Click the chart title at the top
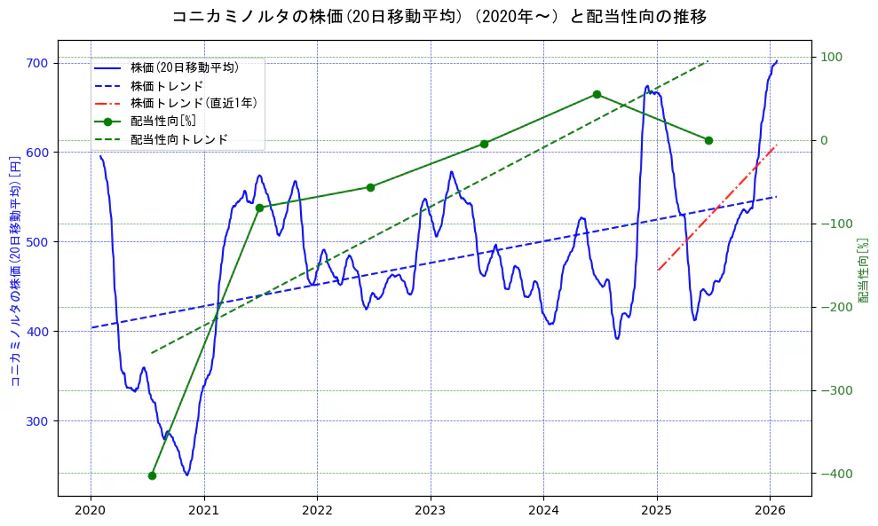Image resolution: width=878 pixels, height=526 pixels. click(x=439, y=17)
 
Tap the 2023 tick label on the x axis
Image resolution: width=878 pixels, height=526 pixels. click(x=431, y=511)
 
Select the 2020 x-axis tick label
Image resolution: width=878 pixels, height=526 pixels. click(x=91, y=511)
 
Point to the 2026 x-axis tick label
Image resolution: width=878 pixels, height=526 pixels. click(x=770, y=511)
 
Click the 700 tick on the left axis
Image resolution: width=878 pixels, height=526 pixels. click(x=39, y=63)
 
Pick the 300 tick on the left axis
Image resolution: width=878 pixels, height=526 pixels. click(x=39, y=421)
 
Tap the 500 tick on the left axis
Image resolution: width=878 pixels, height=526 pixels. click(x=39, y=242)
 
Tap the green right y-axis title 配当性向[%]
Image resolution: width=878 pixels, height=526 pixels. click(x=863, y=270)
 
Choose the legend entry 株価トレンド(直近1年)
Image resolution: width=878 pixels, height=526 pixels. click(x=194, y=103)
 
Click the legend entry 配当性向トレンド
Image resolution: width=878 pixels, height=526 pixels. click(x=178, y=139)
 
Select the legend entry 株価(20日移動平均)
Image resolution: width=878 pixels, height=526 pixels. click(x=184, y=67)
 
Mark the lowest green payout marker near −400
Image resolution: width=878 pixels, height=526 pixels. click(x=152, y=475)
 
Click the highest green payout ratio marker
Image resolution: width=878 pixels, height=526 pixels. click(x=597, y=94)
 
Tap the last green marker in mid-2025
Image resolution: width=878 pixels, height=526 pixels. click(x=708, y=140)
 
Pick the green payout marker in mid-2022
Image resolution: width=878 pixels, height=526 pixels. click(x=370, y=187)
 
